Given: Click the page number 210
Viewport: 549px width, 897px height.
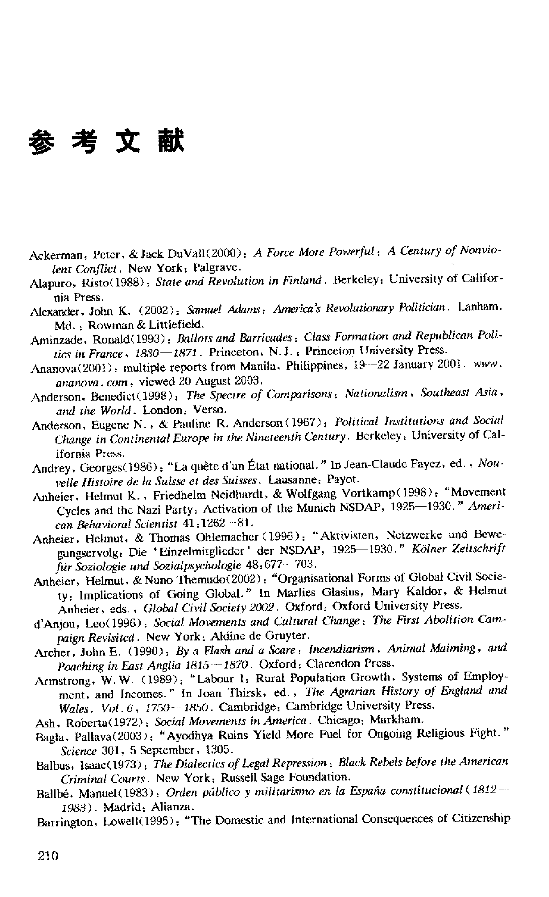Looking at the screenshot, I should (x=48, y=855).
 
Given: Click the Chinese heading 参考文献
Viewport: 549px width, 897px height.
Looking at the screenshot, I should (x=106, y=142).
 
